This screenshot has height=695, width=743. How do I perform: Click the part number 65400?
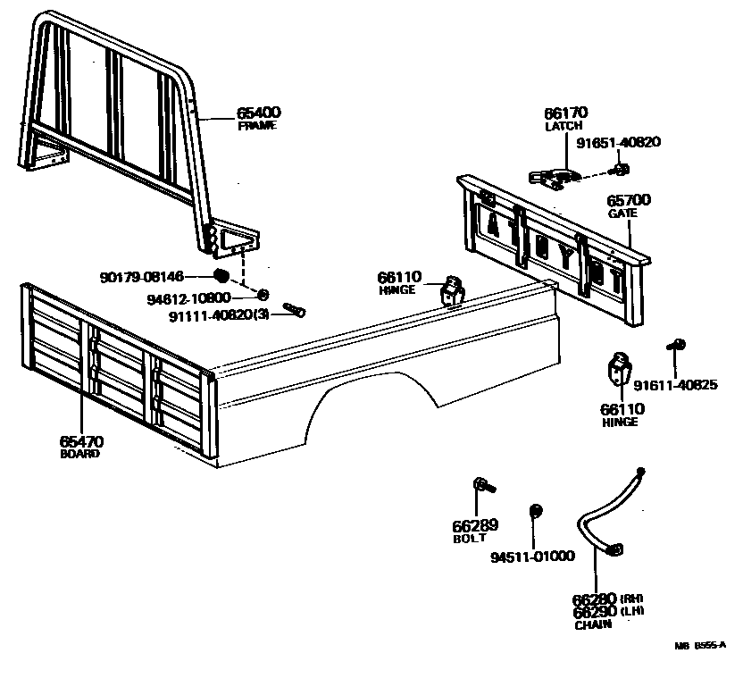[x=259, y=113]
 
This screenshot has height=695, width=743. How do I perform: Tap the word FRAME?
[x=257, y=126]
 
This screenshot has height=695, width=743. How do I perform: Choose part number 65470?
[x=81, y=441]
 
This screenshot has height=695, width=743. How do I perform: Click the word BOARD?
[x=79, y=454]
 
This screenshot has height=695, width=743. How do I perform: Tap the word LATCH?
[x=564, y=127]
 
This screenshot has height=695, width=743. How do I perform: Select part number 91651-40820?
[x=618, y=142]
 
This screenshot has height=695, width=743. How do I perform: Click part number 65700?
[x=629, y=201]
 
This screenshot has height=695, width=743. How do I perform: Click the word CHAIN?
[x=593, y=624]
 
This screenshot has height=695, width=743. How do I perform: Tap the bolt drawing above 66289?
[x=483, y=485]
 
